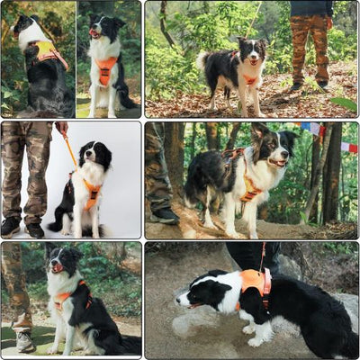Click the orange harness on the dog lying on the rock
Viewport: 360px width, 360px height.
pyautogui.click(x=254, y=283)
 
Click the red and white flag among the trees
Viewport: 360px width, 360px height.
pyautogui.click(x=348, y=147)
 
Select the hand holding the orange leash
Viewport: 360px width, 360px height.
pyautogui.click(x=63, y=130)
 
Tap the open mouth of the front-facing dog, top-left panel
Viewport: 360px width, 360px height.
pyautogui.click(x=95, y=33)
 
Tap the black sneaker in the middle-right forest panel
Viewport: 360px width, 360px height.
pyautogui.click(x=165, y=215)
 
